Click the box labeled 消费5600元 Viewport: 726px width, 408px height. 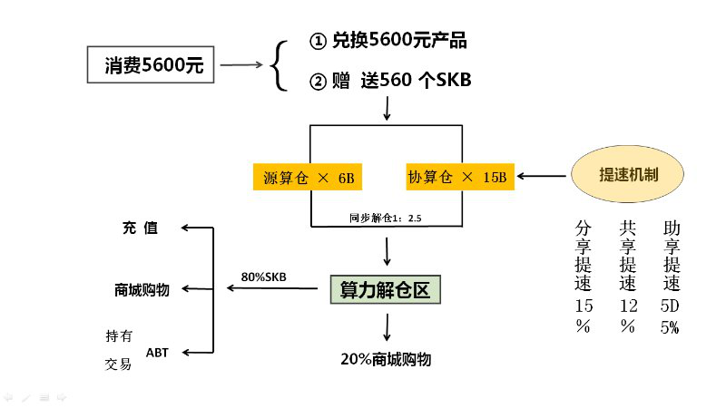[152, 65]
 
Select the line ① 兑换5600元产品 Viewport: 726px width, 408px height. [389, 41]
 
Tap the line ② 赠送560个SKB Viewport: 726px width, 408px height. [390, 82]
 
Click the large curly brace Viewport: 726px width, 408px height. [280, 63]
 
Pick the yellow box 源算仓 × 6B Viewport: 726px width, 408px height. [308, 178]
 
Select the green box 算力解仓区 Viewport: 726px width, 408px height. [385, 290]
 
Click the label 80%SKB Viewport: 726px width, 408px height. [264, 277]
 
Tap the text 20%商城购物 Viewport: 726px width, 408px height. [386, 360]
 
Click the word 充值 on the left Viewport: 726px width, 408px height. [140, 228]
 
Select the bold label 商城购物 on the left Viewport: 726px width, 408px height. [142, 290]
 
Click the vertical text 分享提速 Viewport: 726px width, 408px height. [584, 256]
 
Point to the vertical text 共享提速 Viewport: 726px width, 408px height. [628, 256]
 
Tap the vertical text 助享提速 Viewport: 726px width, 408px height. [672, 256]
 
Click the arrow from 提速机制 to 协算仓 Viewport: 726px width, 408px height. [543, 177]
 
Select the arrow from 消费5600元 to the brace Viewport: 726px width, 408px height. [240, 65]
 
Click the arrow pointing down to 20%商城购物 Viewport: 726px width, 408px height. [388, 327]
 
